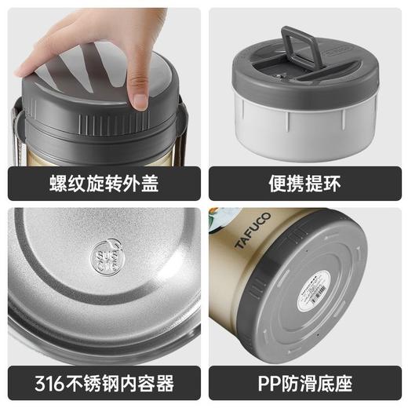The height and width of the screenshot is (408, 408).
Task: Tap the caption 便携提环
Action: tap(304, 184)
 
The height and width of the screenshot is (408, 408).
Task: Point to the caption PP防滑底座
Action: tap(304, 384)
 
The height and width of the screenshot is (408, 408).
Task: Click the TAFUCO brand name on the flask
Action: tap(252, 232)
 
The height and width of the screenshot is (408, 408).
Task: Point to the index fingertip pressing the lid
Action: tap(140, 99)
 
